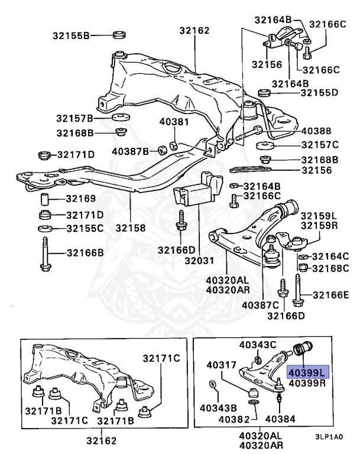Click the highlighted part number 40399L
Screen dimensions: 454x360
pyautogui.click(x=307, y=372)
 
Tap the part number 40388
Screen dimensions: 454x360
pyautogui.click(x=316, y=131)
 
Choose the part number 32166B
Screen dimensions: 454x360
pyautogui.click(x=85, y=253)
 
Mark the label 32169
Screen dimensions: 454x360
pyautogui.click(x=80, y=198)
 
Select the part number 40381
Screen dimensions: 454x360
pyautogui.click(x=173, y=122)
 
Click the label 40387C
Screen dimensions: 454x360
pyautogui.click(x=260, y=305)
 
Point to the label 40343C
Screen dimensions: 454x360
pyautogui.click(x=258, y=344)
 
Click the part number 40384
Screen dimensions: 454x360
pyautogui.click(x=278, y=419)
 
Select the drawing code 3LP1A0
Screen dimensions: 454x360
pyautogui.click(x=328, y=439)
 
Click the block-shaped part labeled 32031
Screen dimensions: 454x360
pyautogui.click(x=192, y=198)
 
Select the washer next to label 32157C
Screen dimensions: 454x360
pyautogui.click(x=264, y=145)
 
